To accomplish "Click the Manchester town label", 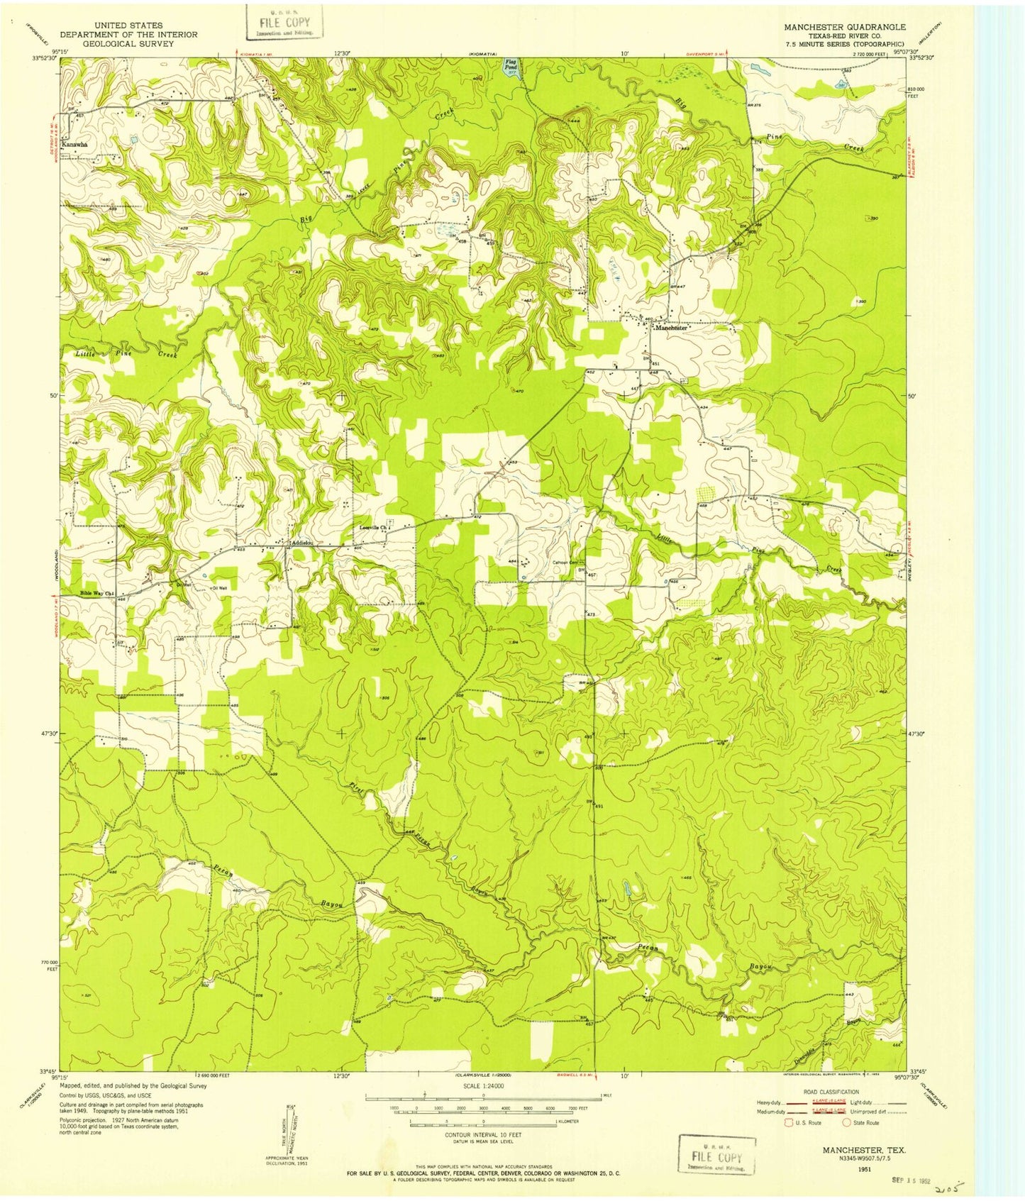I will [x=671, y=328].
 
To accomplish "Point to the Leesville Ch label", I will [x=374, y=528].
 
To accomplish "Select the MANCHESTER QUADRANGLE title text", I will [x=844, y=27].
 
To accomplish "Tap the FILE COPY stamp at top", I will [x=284, y=23].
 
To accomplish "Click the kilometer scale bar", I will [x=483, y=1122].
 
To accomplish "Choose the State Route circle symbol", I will [x=846, y=1123].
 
